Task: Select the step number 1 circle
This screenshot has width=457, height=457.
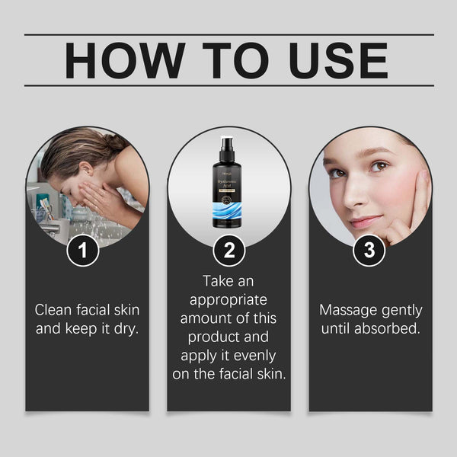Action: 88,251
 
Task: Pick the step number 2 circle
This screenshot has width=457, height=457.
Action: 228,251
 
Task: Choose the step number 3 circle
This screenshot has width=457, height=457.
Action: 369,251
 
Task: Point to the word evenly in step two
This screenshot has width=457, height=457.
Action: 254,356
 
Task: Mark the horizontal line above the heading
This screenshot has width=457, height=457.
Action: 228,34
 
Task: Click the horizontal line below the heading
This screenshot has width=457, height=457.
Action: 228,85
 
